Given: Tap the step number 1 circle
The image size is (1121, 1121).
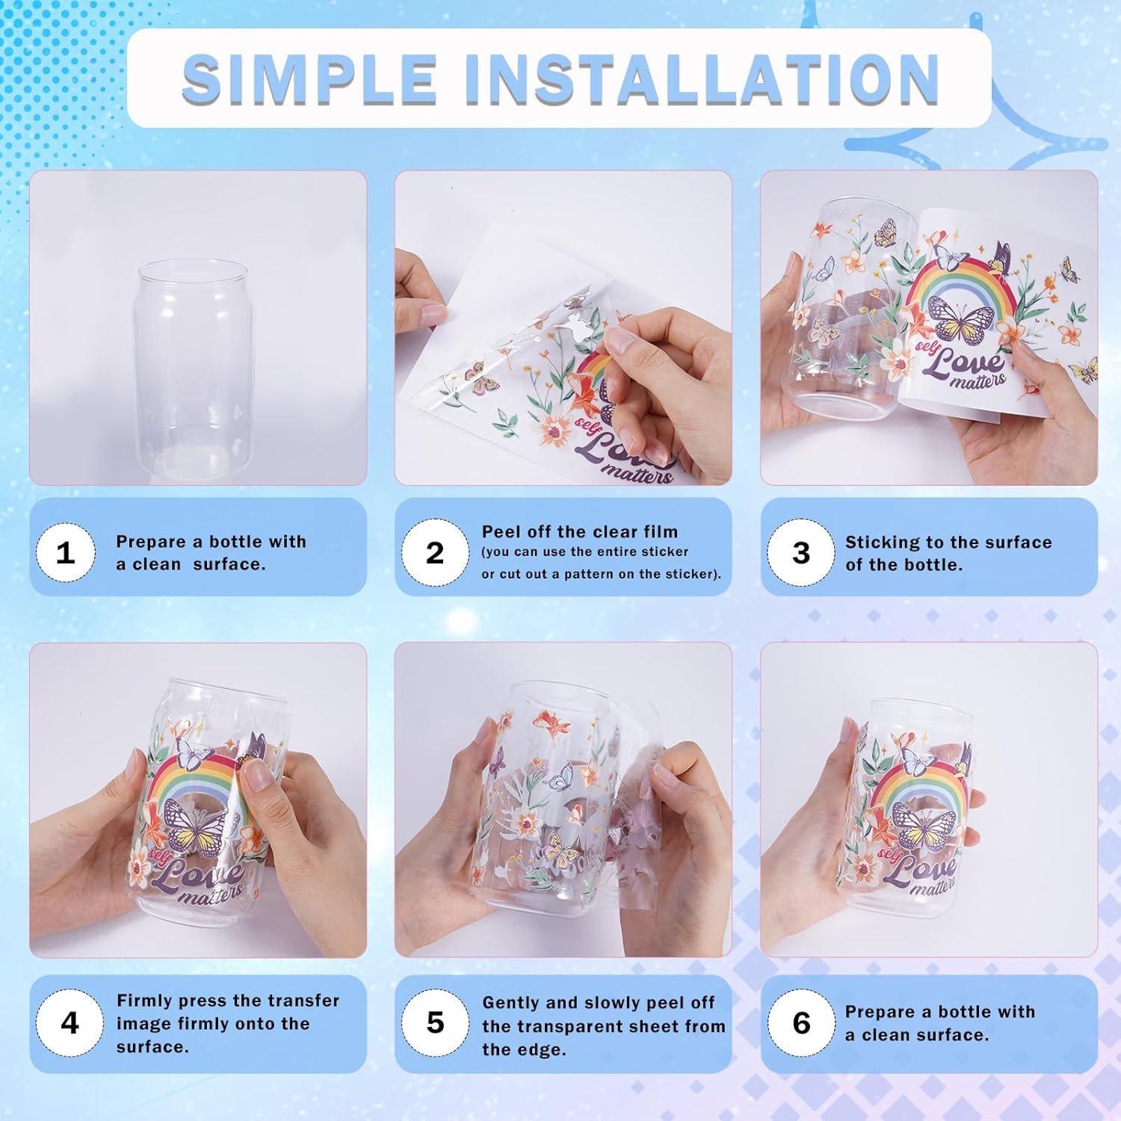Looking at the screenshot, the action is click(x=66, y=553).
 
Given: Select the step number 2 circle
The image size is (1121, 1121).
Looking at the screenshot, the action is click(x=434, y=553).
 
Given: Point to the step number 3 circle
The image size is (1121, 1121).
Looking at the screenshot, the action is click(x=800, y=553).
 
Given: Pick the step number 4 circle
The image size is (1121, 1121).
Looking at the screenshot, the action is click(x=69, y=1022).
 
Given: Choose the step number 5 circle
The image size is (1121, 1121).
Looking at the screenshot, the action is click(x=434, y=1022).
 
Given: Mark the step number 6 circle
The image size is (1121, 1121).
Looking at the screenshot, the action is click(x=800, y=1022).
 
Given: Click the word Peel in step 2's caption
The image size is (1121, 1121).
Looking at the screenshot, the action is click(x=500, y=531).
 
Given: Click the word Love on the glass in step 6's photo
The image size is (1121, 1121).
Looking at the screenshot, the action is click(x=923, y=869).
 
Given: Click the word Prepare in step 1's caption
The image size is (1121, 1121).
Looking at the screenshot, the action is click(x=151, y=542).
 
